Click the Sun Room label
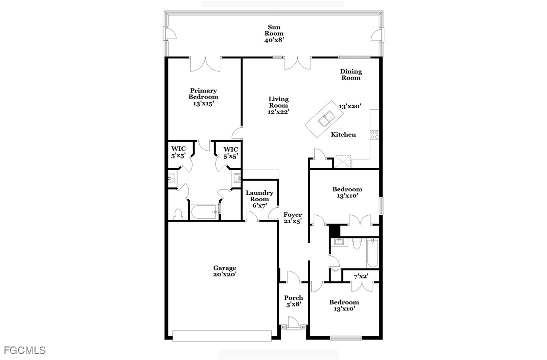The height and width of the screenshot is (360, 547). (274, 34)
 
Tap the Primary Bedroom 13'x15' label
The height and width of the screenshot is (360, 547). (203, 97)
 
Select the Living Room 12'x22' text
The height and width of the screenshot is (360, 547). (278, 106)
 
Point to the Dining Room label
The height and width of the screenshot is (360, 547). (351, 75)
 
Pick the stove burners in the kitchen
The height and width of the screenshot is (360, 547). (374, 134)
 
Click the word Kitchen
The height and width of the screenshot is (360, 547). (343, 134)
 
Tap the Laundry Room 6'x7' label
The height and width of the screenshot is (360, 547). (260, 199)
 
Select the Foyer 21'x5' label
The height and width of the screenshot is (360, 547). (292, 218)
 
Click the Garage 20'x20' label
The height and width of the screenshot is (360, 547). (225, 271)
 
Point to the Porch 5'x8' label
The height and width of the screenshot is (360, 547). (293, 301)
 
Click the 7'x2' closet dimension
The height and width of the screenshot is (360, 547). (361, 277)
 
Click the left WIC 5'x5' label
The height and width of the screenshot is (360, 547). (178, 153)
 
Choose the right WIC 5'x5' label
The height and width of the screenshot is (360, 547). (231, 153)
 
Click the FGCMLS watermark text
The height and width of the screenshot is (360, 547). (25, 350)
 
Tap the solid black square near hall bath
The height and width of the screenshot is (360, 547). (334, 231)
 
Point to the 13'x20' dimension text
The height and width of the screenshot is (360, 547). (350, 106)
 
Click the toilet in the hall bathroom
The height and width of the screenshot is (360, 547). (356, 244)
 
